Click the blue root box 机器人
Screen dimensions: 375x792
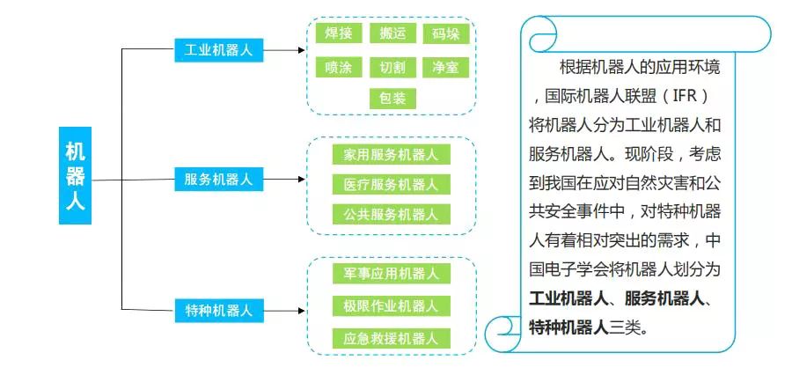pyautogui.click(x=75, y=175)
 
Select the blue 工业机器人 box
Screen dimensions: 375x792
pyautogui.click(x=218, y=49)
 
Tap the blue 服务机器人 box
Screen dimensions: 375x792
pyautogui.click(x=218, y=180)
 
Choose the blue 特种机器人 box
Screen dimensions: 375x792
pyautogui.click(x=218, y=310)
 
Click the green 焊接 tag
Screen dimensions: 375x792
pyautogui.click(x=339, y=34)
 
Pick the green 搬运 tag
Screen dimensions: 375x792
pyautogui.click(x=392, y=34)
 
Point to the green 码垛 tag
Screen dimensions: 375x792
pyautogui.click(x=445, y=34)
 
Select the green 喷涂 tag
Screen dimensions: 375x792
pyautogui.click(x=339, y=67)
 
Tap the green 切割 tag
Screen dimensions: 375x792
pyautogui.click(x=392, y=67)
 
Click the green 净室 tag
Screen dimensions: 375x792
pyautogui.click(x=445, y=67)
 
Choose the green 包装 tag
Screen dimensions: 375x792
pyautogui.click(x=392, y=99)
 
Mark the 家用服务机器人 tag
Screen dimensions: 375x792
pyautogui.click(x=392, y=155)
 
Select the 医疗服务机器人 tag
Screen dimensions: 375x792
pyautogui.click(x=392, y=185)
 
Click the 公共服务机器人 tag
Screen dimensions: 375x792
pyautogui.click(x=392, y=214)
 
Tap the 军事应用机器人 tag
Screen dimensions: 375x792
pyautogui.click(x=392, y=274)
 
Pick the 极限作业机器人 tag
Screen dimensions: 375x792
pyautogui.click(x=392, y=306)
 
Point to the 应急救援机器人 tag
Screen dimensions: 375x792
pyautogui.click(x=392, y=338)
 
